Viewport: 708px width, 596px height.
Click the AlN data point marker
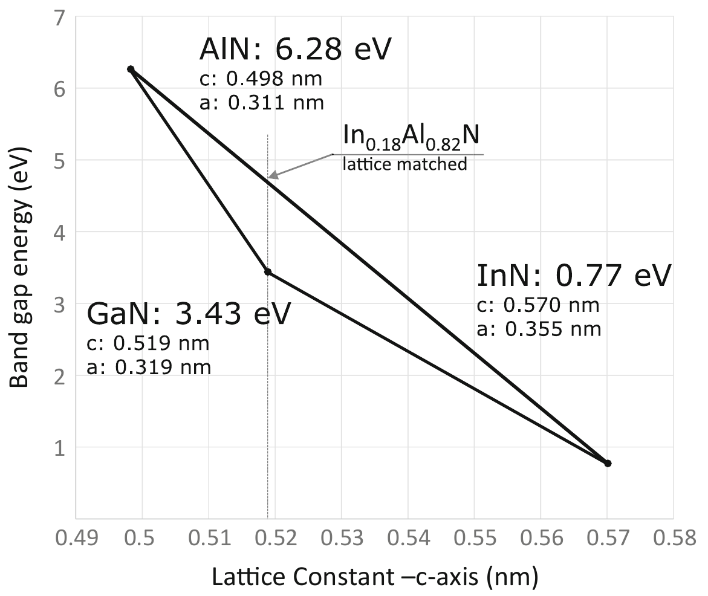pyautogui.click(x=131, y=70)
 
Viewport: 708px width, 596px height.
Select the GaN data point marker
pyautogui.click(x=268, y=272)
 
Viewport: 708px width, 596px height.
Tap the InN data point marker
pyautogui.click(x=608, y=463)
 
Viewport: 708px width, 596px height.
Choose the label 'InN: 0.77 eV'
pyautogui.click(x=574, y=276)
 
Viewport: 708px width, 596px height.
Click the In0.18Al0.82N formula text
pyautogui.click(x=411, y=137)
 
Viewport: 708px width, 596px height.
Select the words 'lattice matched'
pyautogui.click(x=404, y=164)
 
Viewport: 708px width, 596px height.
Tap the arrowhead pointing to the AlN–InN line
pyautogui.click(x=272, y=175)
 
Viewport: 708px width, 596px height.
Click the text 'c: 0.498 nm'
pyautogui.click(x=261, y=80)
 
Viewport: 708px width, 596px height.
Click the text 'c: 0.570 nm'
pyautogui.click(x=539, y=305)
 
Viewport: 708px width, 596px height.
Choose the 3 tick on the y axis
pyautogui.click(x=59, y=303)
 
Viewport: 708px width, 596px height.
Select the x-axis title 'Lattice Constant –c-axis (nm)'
pyautogui.click(x=374, y=578)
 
